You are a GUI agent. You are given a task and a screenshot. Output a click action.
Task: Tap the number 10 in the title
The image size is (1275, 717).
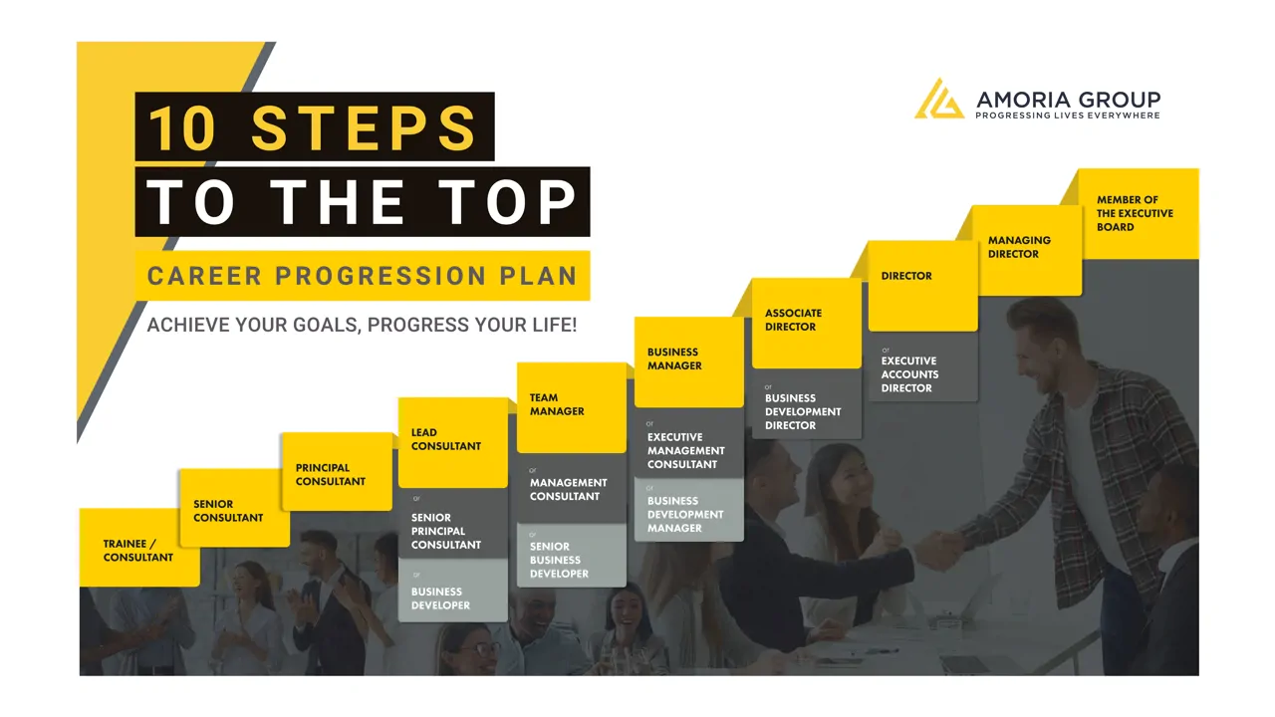[182, 128]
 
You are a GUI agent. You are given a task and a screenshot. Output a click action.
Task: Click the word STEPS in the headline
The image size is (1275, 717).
[364, 128]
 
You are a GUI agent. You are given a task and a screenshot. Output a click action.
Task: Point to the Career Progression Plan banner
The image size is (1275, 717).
[363, 276]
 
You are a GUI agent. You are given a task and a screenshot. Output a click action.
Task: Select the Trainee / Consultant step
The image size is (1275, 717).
[139, 547]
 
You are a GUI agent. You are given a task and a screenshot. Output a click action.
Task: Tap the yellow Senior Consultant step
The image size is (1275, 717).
[234, 508]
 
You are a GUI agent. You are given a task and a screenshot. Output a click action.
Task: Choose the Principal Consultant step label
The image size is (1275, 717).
[337, 472]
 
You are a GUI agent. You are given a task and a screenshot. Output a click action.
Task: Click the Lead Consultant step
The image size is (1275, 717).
[453, 443]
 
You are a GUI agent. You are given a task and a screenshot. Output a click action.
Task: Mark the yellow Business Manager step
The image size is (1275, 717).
[688, 361]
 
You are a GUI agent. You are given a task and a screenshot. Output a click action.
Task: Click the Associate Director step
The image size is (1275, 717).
[807, 324]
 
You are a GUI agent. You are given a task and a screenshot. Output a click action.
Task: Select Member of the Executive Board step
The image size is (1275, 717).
[1139, 214]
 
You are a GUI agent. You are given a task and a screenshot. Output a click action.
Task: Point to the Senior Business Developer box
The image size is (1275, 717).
[572, 555]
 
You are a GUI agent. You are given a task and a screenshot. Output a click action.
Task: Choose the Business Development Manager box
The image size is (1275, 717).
[688, 509]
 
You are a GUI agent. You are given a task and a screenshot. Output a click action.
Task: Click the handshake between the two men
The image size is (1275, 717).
[940, 551]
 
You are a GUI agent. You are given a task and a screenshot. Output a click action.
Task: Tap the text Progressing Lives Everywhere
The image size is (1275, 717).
[1067, 116]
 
